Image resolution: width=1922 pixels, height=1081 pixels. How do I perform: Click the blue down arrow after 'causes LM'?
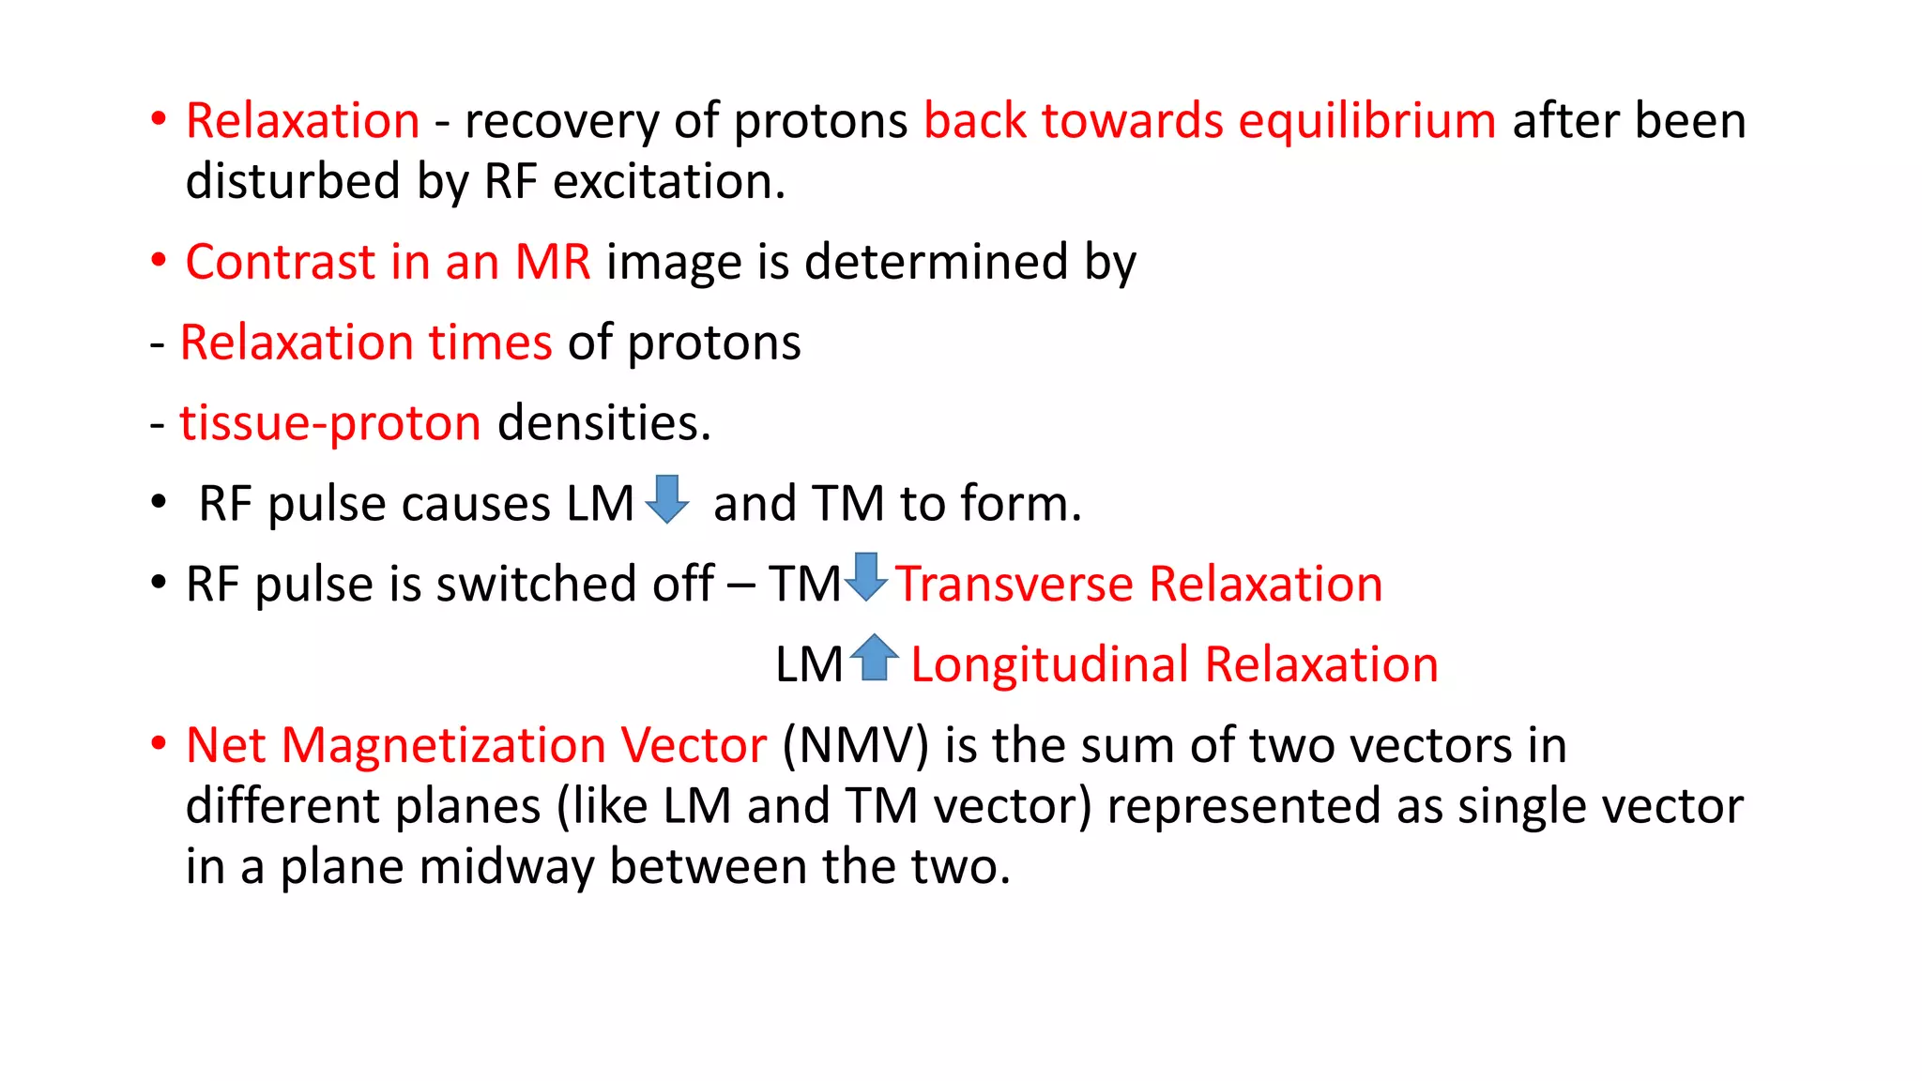[x=667, y=499]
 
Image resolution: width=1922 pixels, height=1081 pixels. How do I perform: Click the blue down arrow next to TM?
[x=865, y=577]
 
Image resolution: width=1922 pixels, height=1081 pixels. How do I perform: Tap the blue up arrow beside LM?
[x=875, y=658]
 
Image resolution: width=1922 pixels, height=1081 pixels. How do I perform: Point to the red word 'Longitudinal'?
[x=1050, y=665]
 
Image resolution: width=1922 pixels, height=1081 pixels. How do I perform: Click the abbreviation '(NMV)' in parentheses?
[x=855, y=746]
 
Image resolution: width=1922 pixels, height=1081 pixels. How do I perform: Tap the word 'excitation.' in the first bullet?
[x=669, y=181]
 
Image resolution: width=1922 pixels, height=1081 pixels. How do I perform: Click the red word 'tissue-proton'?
[x=330, y=423]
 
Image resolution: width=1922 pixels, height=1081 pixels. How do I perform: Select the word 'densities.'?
[x=604, y=423]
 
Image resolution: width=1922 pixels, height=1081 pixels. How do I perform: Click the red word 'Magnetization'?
[x=444, y=746]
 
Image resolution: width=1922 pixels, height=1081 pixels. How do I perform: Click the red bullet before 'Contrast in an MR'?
[x=159, y=261]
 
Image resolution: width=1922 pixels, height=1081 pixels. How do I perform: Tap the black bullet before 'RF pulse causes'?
[x=159, y=503]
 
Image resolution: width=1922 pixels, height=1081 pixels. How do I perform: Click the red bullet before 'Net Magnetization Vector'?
[x=159, y=745]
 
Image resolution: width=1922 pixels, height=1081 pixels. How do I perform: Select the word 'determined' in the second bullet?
[x=936, y=262]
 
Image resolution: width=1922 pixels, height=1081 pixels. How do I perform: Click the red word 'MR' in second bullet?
[x=553, y=262]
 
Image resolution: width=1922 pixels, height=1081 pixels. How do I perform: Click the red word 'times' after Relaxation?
[x=490, y=343]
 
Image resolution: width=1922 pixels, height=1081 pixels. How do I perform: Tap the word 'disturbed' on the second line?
[x=293, y=181]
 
